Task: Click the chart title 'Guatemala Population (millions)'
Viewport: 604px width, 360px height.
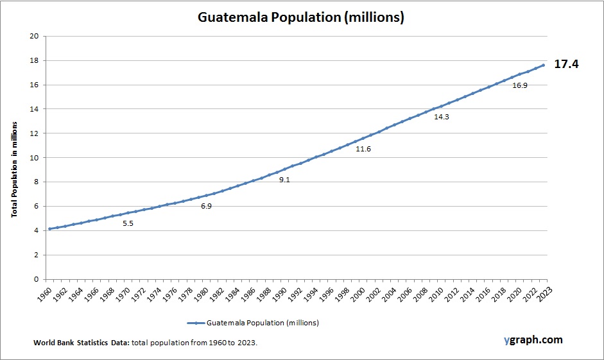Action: click(300, 17)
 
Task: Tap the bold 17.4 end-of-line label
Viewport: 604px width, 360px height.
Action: click(565, 64)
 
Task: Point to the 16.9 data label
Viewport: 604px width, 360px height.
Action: click(519, 85)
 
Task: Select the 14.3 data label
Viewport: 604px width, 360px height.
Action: click(442, 117)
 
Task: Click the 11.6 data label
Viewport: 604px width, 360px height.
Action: click(363, 149)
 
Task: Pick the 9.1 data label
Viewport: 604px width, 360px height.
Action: click(284, 180)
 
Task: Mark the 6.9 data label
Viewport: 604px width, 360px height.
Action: click(206, 206)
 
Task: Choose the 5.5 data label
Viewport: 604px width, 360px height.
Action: click(128, 223)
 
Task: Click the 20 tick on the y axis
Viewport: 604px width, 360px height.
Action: click(35, 36)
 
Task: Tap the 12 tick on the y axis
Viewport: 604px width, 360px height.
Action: click(35, 133)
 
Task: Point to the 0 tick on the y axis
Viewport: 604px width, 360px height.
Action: click(37, 279)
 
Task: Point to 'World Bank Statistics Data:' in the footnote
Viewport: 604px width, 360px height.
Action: click(81, 343)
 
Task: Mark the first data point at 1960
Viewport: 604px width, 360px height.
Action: click(49, 228)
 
